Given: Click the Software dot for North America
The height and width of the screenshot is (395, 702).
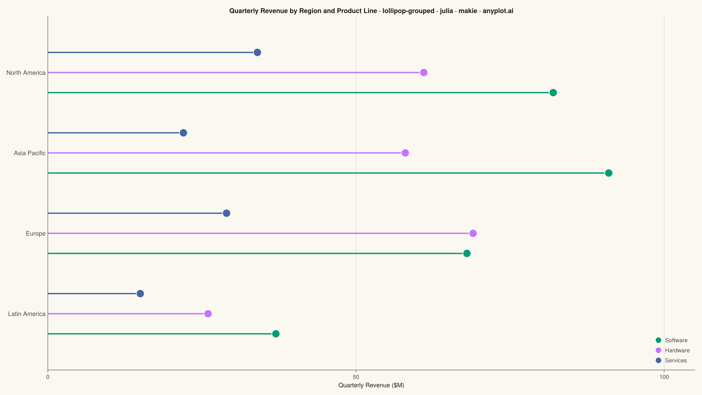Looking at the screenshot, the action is coord(553,93).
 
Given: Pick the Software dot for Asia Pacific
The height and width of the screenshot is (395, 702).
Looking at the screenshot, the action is coord(609,173).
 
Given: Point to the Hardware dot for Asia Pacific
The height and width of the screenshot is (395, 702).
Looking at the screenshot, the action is coord(405,153).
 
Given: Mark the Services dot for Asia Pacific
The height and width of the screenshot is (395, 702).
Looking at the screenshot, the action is coord(183,133).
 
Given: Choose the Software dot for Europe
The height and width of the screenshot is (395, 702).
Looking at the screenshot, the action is coord(467,253).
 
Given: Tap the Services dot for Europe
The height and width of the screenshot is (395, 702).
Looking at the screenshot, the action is coord(226,213).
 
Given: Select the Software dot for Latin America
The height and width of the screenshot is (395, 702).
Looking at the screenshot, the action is coord(276,334).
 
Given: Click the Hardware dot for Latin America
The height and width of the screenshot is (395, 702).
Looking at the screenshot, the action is coord(208,314).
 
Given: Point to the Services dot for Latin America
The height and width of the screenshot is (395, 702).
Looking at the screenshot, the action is coord(140,294).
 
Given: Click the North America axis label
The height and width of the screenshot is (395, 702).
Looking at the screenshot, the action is coord(26,73).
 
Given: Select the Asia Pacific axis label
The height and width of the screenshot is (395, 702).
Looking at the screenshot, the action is coord(30,153).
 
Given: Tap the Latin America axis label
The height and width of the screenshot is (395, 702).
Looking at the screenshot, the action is coord(27,314).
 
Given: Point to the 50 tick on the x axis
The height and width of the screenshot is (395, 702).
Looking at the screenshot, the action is coord(356,377).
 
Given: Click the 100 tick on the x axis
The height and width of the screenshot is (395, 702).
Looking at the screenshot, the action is coord(664,377).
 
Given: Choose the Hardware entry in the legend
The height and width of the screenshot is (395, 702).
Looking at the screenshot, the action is coord(673,350).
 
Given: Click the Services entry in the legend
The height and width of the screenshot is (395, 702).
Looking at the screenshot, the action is coord(671,360).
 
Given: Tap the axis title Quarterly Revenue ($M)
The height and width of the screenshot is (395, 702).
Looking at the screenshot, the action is coord(371,385).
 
